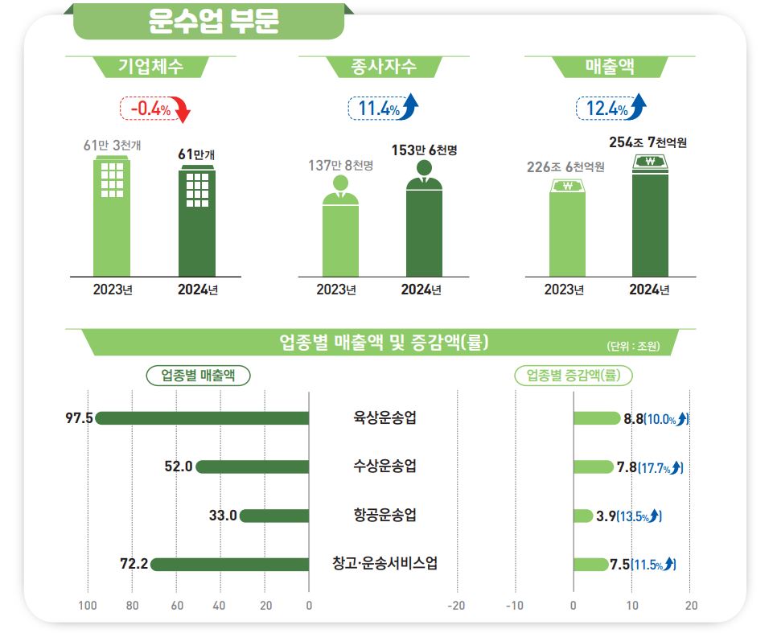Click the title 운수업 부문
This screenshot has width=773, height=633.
coord(213,22)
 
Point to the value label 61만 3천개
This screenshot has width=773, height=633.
coord(112,146)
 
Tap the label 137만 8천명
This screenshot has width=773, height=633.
coord(341,165)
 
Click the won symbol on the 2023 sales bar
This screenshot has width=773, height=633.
coord(568,188)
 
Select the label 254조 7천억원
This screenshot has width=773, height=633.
coord(648,143)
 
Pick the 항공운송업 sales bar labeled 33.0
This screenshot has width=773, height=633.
coord(274,516)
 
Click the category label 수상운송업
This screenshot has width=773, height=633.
coord(384,467)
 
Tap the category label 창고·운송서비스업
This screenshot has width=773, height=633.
coord(384,564)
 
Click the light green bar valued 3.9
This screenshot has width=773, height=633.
coord(583,516)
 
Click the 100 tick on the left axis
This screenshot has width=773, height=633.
coord(88,606)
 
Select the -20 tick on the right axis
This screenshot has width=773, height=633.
coord(456,606)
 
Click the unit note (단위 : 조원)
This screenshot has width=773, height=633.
coord(633,346)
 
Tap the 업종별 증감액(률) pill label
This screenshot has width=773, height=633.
coord(573,375)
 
